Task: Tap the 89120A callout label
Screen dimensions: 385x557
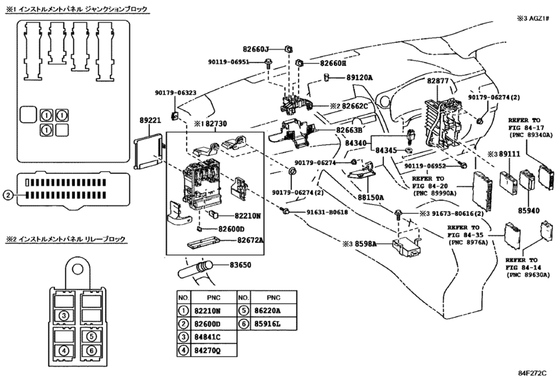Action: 359,78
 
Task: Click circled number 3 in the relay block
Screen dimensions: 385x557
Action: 62,316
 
